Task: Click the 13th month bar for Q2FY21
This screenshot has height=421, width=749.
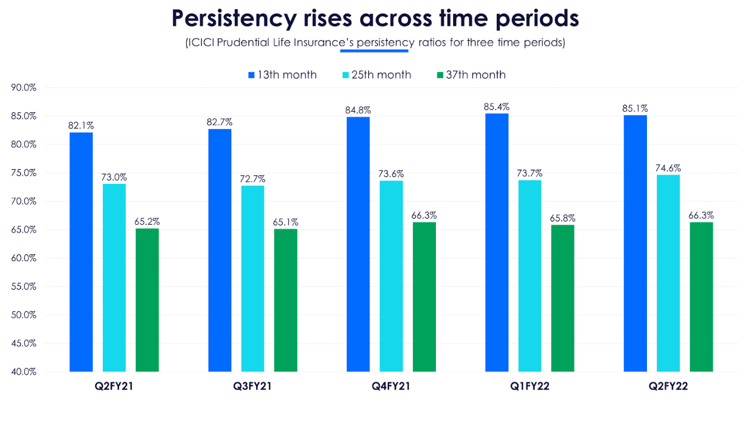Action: (x=81, y=252)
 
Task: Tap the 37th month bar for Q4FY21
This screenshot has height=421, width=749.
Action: (x=424, y=297)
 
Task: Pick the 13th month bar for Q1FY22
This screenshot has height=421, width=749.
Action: (x=497, y=243)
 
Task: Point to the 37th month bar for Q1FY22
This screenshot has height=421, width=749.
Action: (x=562, y=298)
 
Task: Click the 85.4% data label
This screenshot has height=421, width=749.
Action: (x=497, y=106)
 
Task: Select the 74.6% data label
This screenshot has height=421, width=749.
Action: (x=668, y=168)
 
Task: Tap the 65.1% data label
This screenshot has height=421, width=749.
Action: (x=285, y=222)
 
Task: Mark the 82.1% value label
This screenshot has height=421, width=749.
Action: (x=81, y=125)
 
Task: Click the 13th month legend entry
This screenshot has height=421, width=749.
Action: (x=282, y=75)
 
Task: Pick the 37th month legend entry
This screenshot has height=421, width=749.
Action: (x=471, y=75)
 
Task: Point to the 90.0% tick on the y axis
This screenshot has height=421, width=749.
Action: (x=24, y=88)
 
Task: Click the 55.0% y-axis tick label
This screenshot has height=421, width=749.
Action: (x=24, y=286)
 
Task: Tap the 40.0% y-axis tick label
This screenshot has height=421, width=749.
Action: (x=24, y=372)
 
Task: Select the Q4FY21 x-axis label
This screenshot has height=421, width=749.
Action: (x=391, y=387)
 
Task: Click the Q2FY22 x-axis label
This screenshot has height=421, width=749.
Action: (x=668, y=387)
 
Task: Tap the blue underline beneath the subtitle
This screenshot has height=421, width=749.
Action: (x=374, y=51)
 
